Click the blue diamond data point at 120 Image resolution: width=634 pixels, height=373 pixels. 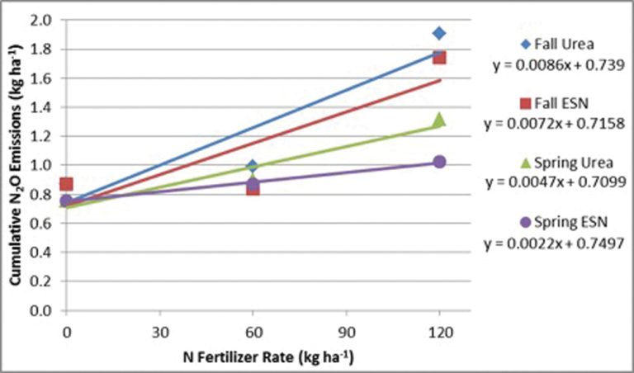[x=439, y=33]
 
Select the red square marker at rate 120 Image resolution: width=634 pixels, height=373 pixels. [x=439, y=57]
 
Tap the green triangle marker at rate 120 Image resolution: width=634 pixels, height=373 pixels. [x=439, y=120]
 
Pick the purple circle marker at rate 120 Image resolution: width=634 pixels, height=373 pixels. [x=439, y=162]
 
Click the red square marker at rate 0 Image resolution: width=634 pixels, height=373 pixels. [x=66, y=184]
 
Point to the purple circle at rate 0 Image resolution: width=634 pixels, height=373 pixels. [x=66, y=201]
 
